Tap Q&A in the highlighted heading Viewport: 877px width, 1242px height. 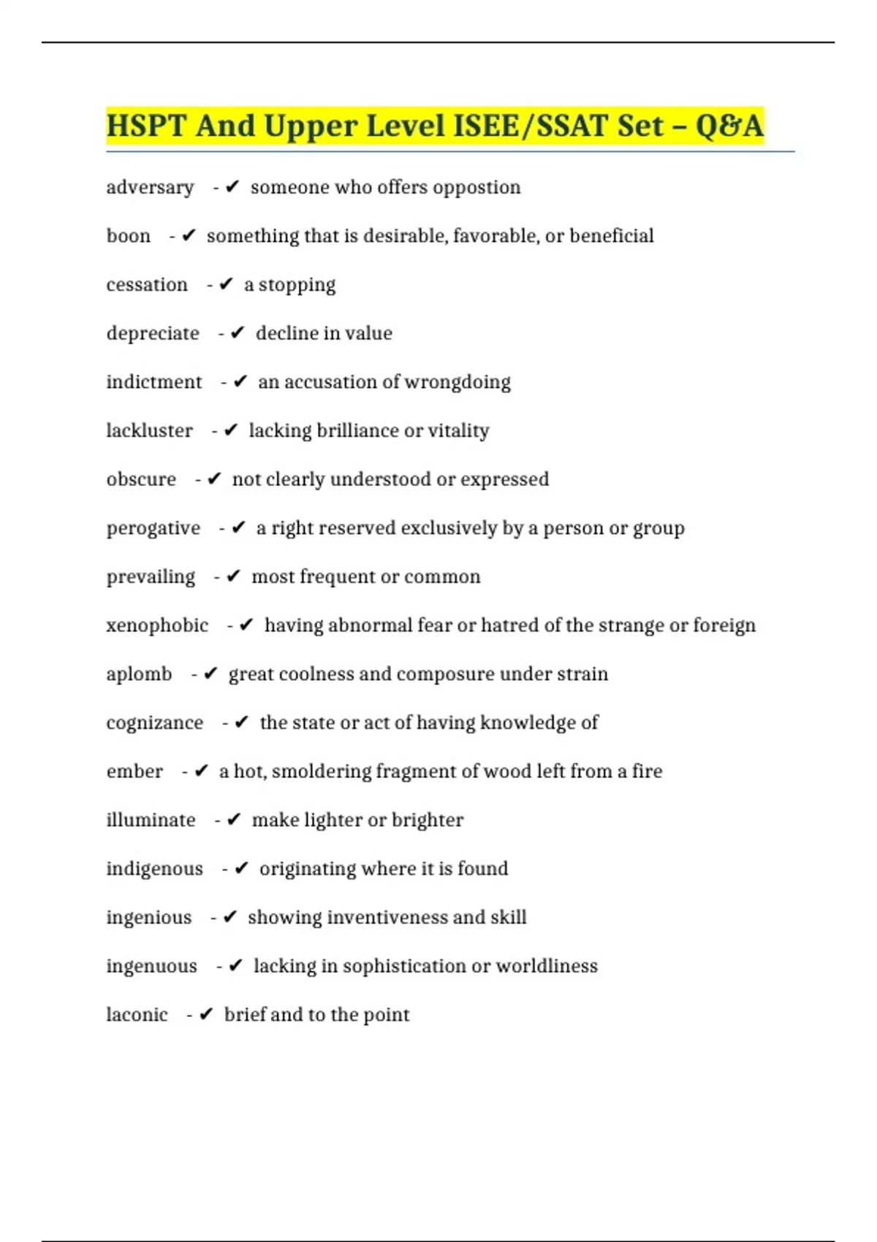pyautogui.click(x=729, y=126)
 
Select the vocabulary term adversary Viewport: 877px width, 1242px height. pyautogui.click(x=150, y=188)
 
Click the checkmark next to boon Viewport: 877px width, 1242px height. pyautogui.click(x=189, y=235)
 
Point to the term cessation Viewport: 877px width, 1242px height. pyautogui.click(x=147, y=284)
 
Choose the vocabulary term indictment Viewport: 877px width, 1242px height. pyautogui.click(x=154, y=382)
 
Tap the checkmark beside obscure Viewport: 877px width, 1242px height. pyautogui.click(x=214, y=479)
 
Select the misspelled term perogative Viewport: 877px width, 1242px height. pyautogui.click(x=153, y=528)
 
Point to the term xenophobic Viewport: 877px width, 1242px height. pyautogui.click(x=157, y=625)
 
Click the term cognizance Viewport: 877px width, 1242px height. pyautogui.click(x=155, y=723)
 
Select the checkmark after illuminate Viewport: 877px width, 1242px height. pyautogui.click(x=234, y=820)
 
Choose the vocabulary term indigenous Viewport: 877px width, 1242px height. pyautogui.click(x=155, y=869)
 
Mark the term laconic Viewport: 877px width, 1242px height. pyautogui.click(x=137, y=1015)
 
